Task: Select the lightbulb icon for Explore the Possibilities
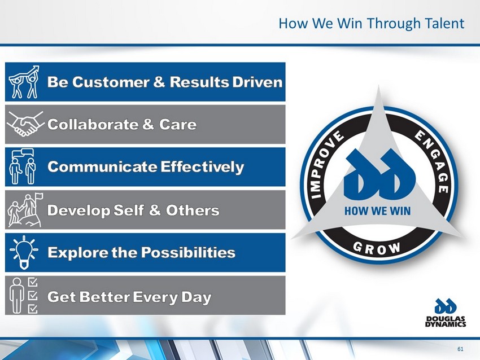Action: click(x=24, y=252)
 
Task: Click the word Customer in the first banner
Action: click(x=111, y=82)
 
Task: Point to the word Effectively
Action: click(x=202, y=166)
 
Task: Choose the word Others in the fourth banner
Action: click(x=193, y=210)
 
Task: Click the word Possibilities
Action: click(x=188, y=252)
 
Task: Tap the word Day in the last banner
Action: click(x=196, y=297)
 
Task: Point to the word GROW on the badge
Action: click(x=377, y=248)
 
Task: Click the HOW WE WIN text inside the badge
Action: click(x=377, y=211)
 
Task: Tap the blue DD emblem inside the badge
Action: click(x=379, y=174)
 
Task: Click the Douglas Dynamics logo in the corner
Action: click(x=446, y=313)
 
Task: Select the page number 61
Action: click(x=460, y=349)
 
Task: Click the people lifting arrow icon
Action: click(x=24, y=82)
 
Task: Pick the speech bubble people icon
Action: click(x=23, y=166)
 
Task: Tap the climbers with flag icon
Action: click(x=25, y=210)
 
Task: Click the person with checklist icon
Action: click(x=24, y=296)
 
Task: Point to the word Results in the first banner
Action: click(x=199, y=82)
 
